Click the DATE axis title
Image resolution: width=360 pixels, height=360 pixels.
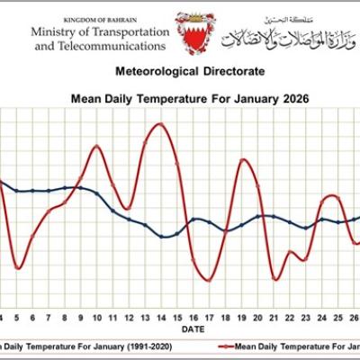[192, 329]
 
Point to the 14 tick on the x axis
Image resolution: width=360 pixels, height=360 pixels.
[160, 318]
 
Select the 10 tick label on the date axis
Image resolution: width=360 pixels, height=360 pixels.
[95, 318]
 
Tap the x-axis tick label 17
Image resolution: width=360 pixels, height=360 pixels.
[209, 318]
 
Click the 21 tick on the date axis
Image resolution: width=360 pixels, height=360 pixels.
[274, 318]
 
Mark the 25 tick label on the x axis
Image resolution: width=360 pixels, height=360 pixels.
[339, 318]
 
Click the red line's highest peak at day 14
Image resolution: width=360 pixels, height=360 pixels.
[159, 123]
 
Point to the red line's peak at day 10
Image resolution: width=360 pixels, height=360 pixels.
[96, 146]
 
